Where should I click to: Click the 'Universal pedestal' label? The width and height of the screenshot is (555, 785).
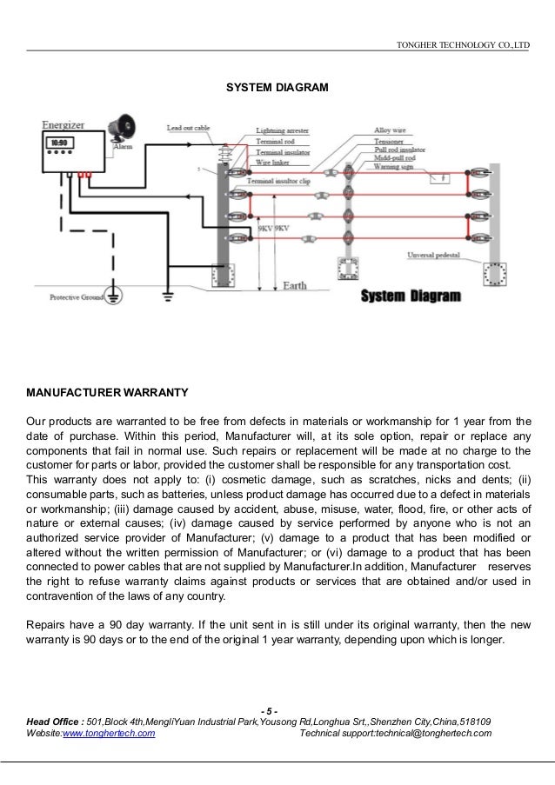click(433, 255)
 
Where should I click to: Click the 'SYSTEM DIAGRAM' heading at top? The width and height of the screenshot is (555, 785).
click(277, 88)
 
